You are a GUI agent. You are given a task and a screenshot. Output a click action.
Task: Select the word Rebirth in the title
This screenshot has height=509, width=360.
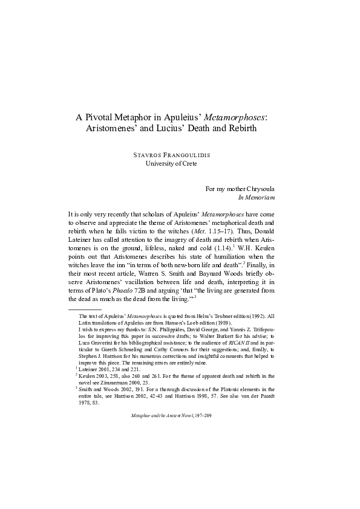[x=238, y=128]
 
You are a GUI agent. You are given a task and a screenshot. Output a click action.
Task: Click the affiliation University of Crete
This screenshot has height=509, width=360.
[x=171, y=163]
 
